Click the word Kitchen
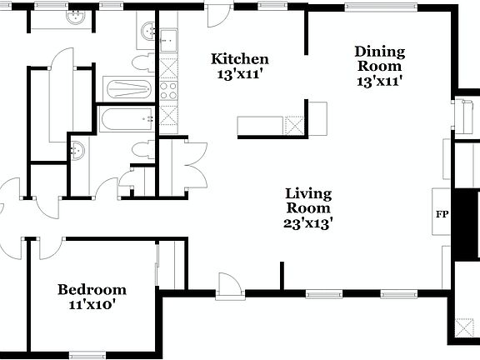[x=239, y=59]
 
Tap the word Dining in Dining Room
[x=379, y=51]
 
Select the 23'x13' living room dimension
[x=308, y=223]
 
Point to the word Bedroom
[x=92, y=290]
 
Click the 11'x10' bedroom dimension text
[x=91, y=305]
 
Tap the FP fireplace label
[x=442, y=214]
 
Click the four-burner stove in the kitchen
[x=168, y=89]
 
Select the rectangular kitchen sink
[x=168, y=39]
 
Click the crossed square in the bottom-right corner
[x=462, y=327]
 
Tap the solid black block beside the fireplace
[x=467, y=225]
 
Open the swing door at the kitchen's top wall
[x=220, y=15]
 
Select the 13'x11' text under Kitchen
[x=239, y=74]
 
